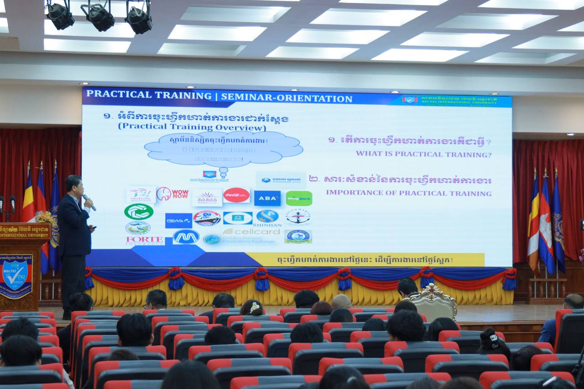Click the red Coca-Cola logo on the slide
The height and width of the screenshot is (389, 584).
click(x=236, y=195)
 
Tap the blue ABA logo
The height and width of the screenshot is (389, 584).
click(x=267, y=198)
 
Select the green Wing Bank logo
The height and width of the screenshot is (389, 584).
click(x=299, y=198)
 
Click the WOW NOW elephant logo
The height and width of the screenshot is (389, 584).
click(x=172, y=194)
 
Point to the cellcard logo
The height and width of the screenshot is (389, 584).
click(x=251, y=231)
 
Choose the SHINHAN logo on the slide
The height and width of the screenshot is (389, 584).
click(x=267, y=218)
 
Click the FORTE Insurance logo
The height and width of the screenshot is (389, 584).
click(x=145, y=240)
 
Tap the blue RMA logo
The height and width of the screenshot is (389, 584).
click(x=178, y=220)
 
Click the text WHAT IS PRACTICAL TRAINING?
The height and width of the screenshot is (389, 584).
click(x=423, y=154)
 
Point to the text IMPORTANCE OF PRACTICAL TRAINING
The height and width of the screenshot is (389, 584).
click(x=408, y=193)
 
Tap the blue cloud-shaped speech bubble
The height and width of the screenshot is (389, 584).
click(x=223, y=148)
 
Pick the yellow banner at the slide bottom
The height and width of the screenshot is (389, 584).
click(x=365, y=259)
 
